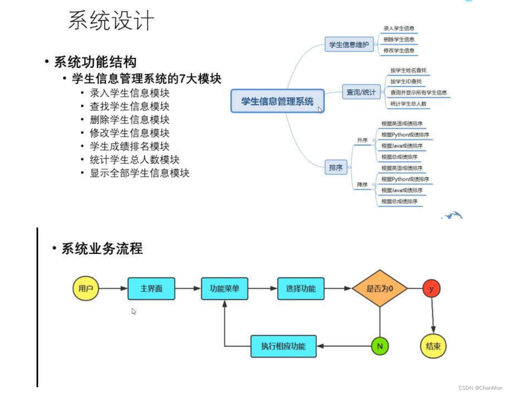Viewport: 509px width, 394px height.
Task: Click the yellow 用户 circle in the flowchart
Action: coord(86,288)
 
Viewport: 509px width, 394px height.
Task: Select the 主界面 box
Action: coord(151,288)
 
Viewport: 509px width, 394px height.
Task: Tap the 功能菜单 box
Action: coord(224,288)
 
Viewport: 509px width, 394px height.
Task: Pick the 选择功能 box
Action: coord(301,288)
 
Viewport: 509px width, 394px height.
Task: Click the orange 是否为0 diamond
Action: coord(380,288)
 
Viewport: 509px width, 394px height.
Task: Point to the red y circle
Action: coord(431,289)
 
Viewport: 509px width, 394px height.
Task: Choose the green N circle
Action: coord(380,346)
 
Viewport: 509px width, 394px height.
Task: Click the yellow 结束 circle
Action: coord(433,346)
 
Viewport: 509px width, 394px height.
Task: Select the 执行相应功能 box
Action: coord(283,346)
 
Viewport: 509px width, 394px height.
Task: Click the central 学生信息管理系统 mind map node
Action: coord(277,101)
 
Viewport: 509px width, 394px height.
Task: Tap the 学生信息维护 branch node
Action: coord(349,44)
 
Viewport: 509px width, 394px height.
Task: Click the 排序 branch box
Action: coord(335,168)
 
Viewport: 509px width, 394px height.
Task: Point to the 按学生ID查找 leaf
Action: coord(405,82)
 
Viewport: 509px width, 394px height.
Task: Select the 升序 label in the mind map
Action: coord(362,140)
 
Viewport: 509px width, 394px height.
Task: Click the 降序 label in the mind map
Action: coord(362,185)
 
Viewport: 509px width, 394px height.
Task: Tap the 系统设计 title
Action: coord(111,21)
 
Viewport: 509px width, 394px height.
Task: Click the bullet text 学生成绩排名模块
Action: coord(129,146)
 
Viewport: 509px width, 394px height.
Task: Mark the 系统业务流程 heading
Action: coord(102,249)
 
